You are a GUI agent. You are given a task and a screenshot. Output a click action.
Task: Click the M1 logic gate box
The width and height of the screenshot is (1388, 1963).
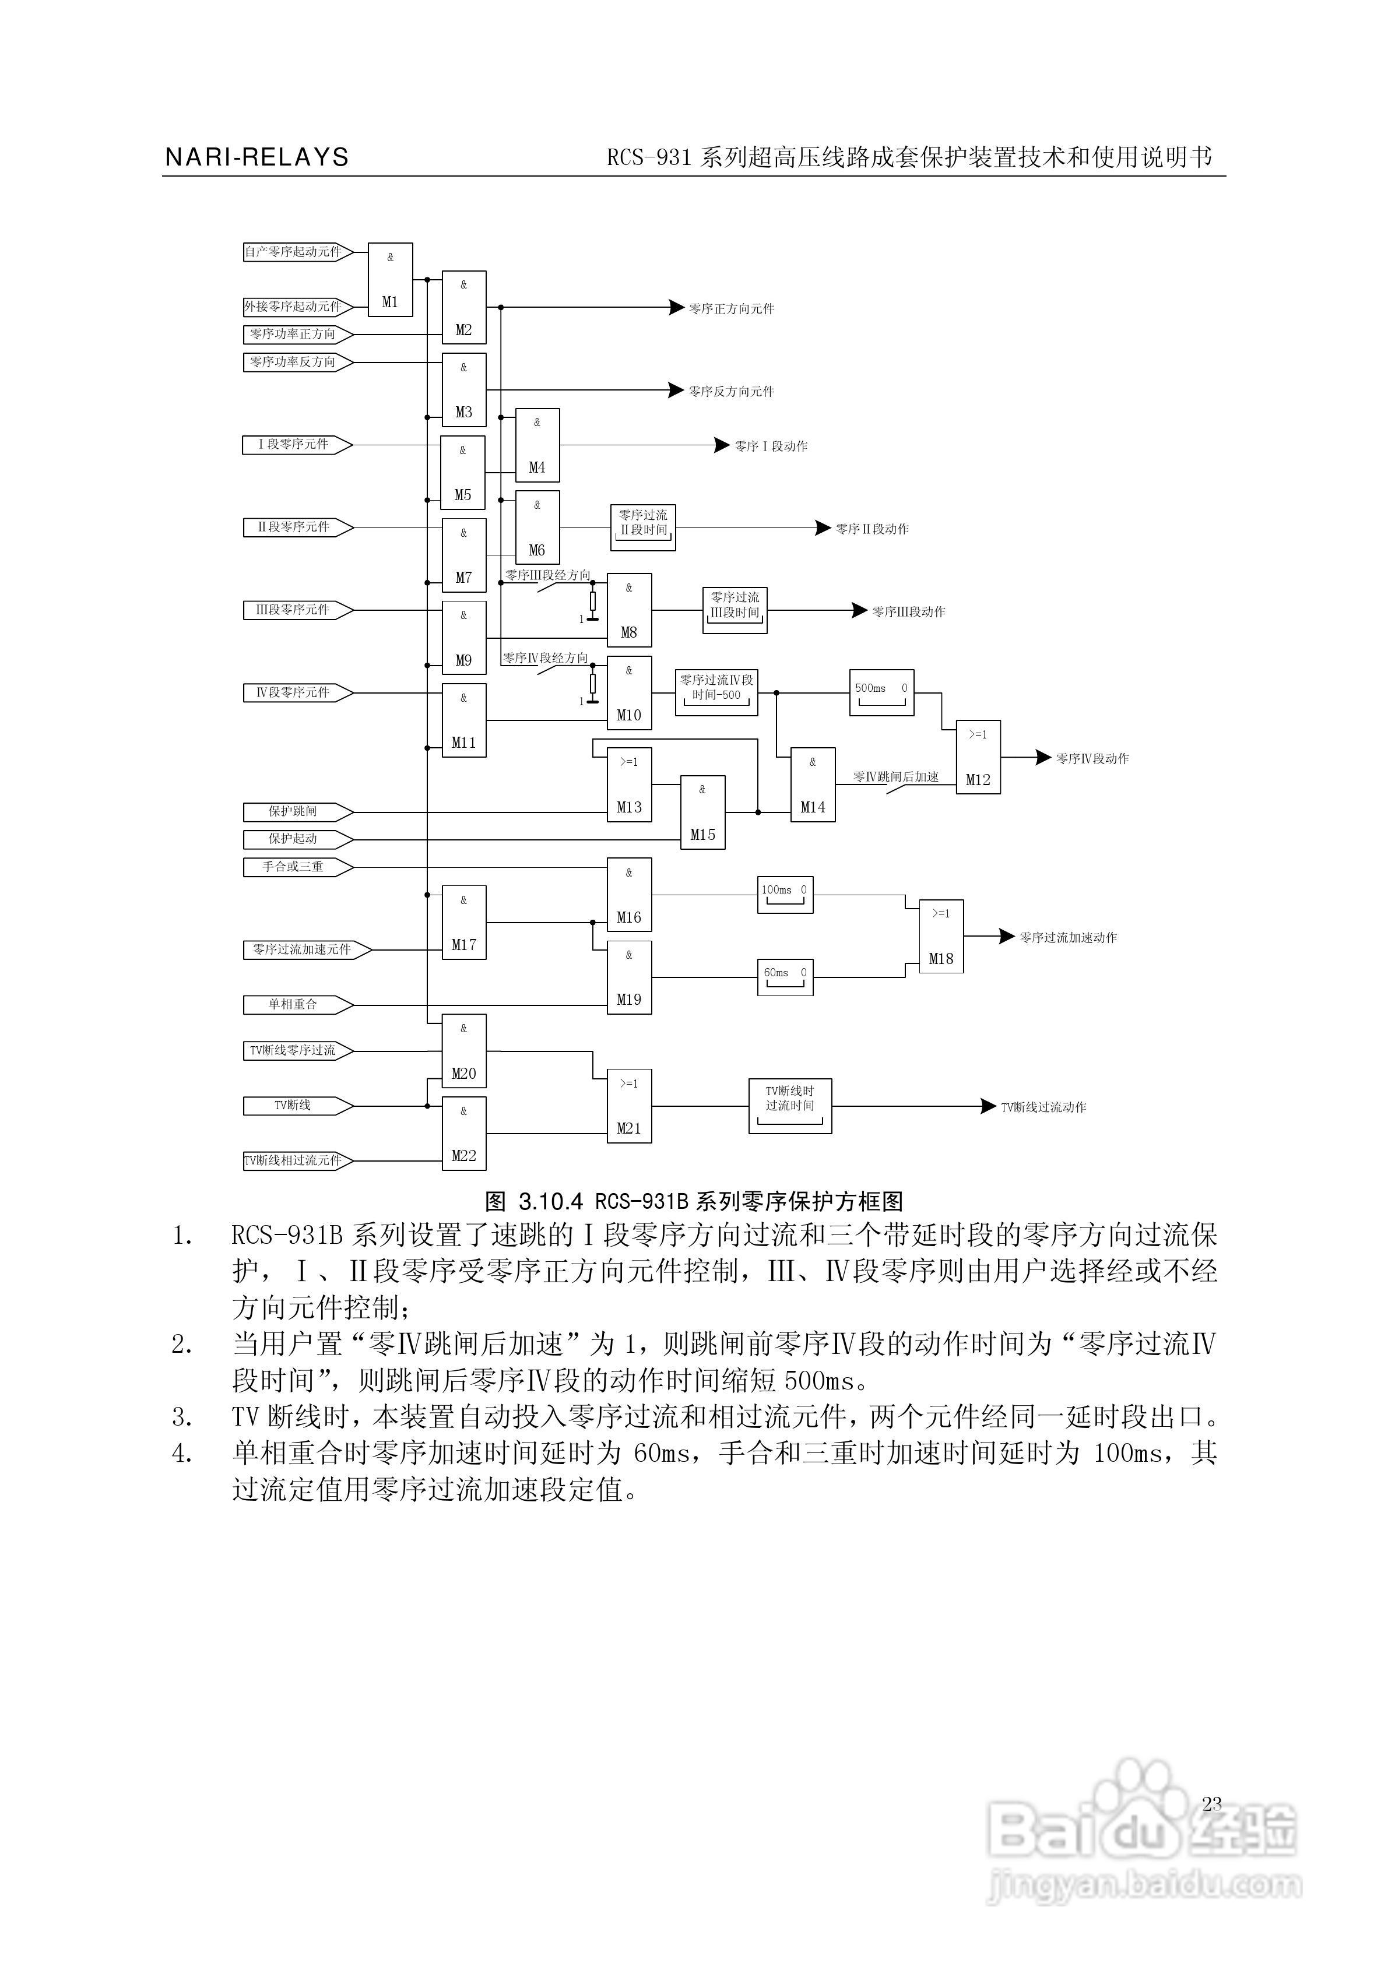pyautogui.click(x=390, y=280)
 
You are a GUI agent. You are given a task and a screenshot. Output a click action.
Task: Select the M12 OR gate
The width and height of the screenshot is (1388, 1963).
pyautogui.click(x=978, y=757)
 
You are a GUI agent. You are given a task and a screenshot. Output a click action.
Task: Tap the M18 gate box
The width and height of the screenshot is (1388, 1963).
pyautogui.click(x=941, y=936)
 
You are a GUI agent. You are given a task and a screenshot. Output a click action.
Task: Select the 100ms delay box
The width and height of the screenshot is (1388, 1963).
pyautogui.click(x=785, y=894)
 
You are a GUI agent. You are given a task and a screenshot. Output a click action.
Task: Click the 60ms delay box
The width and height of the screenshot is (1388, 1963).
pyautogui.click(x=785, y=976)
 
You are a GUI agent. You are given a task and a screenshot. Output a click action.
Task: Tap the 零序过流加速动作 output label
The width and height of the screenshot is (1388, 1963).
pyautogui.click(x=1068, y=938)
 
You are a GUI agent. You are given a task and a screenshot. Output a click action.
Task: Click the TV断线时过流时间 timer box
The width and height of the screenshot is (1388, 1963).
pyautogui.click(x=790, y=1106)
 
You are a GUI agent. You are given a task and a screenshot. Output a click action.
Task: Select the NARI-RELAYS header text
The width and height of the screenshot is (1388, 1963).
pyautogui.click(x=256, y=157)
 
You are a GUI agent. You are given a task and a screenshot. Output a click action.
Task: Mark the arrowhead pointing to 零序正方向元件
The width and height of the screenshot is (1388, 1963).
pyautogui.click(x=676, y=308)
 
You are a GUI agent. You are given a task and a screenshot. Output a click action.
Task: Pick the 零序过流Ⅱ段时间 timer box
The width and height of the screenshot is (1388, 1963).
pyautogui.click(x=643, y=527)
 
